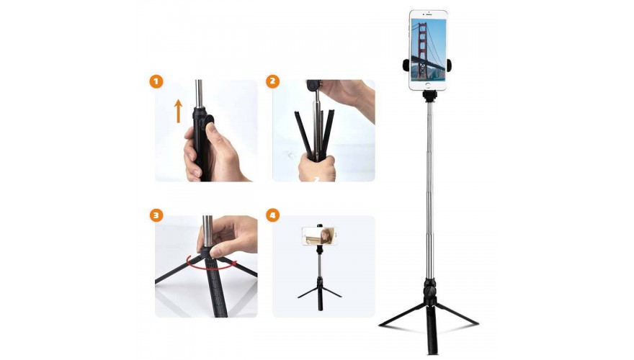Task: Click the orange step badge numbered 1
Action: click(x=156, y=81)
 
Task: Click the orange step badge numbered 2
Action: click(x=272, y=81)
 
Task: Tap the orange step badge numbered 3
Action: click(x=156, y=215)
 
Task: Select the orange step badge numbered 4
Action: click(x=272, y=215)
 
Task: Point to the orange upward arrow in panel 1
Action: click(x=179, y=111)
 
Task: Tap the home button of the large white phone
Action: click(x=429, y=85)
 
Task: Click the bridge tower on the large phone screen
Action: click(x=422, y=51)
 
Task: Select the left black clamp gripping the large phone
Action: click(x=406, y=65)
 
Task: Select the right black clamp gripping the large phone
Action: click(x=450, y=65)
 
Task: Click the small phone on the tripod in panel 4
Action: click(x=320, y=236)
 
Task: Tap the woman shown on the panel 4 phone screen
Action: click(x=326, y=236)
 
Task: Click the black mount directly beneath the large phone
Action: click(x=430, y=96)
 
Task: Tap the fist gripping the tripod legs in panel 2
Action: click(x=318, y=168)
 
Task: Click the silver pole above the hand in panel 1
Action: click(x=199, y=94)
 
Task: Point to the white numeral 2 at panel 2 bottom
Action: click(x=317, y=178)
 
